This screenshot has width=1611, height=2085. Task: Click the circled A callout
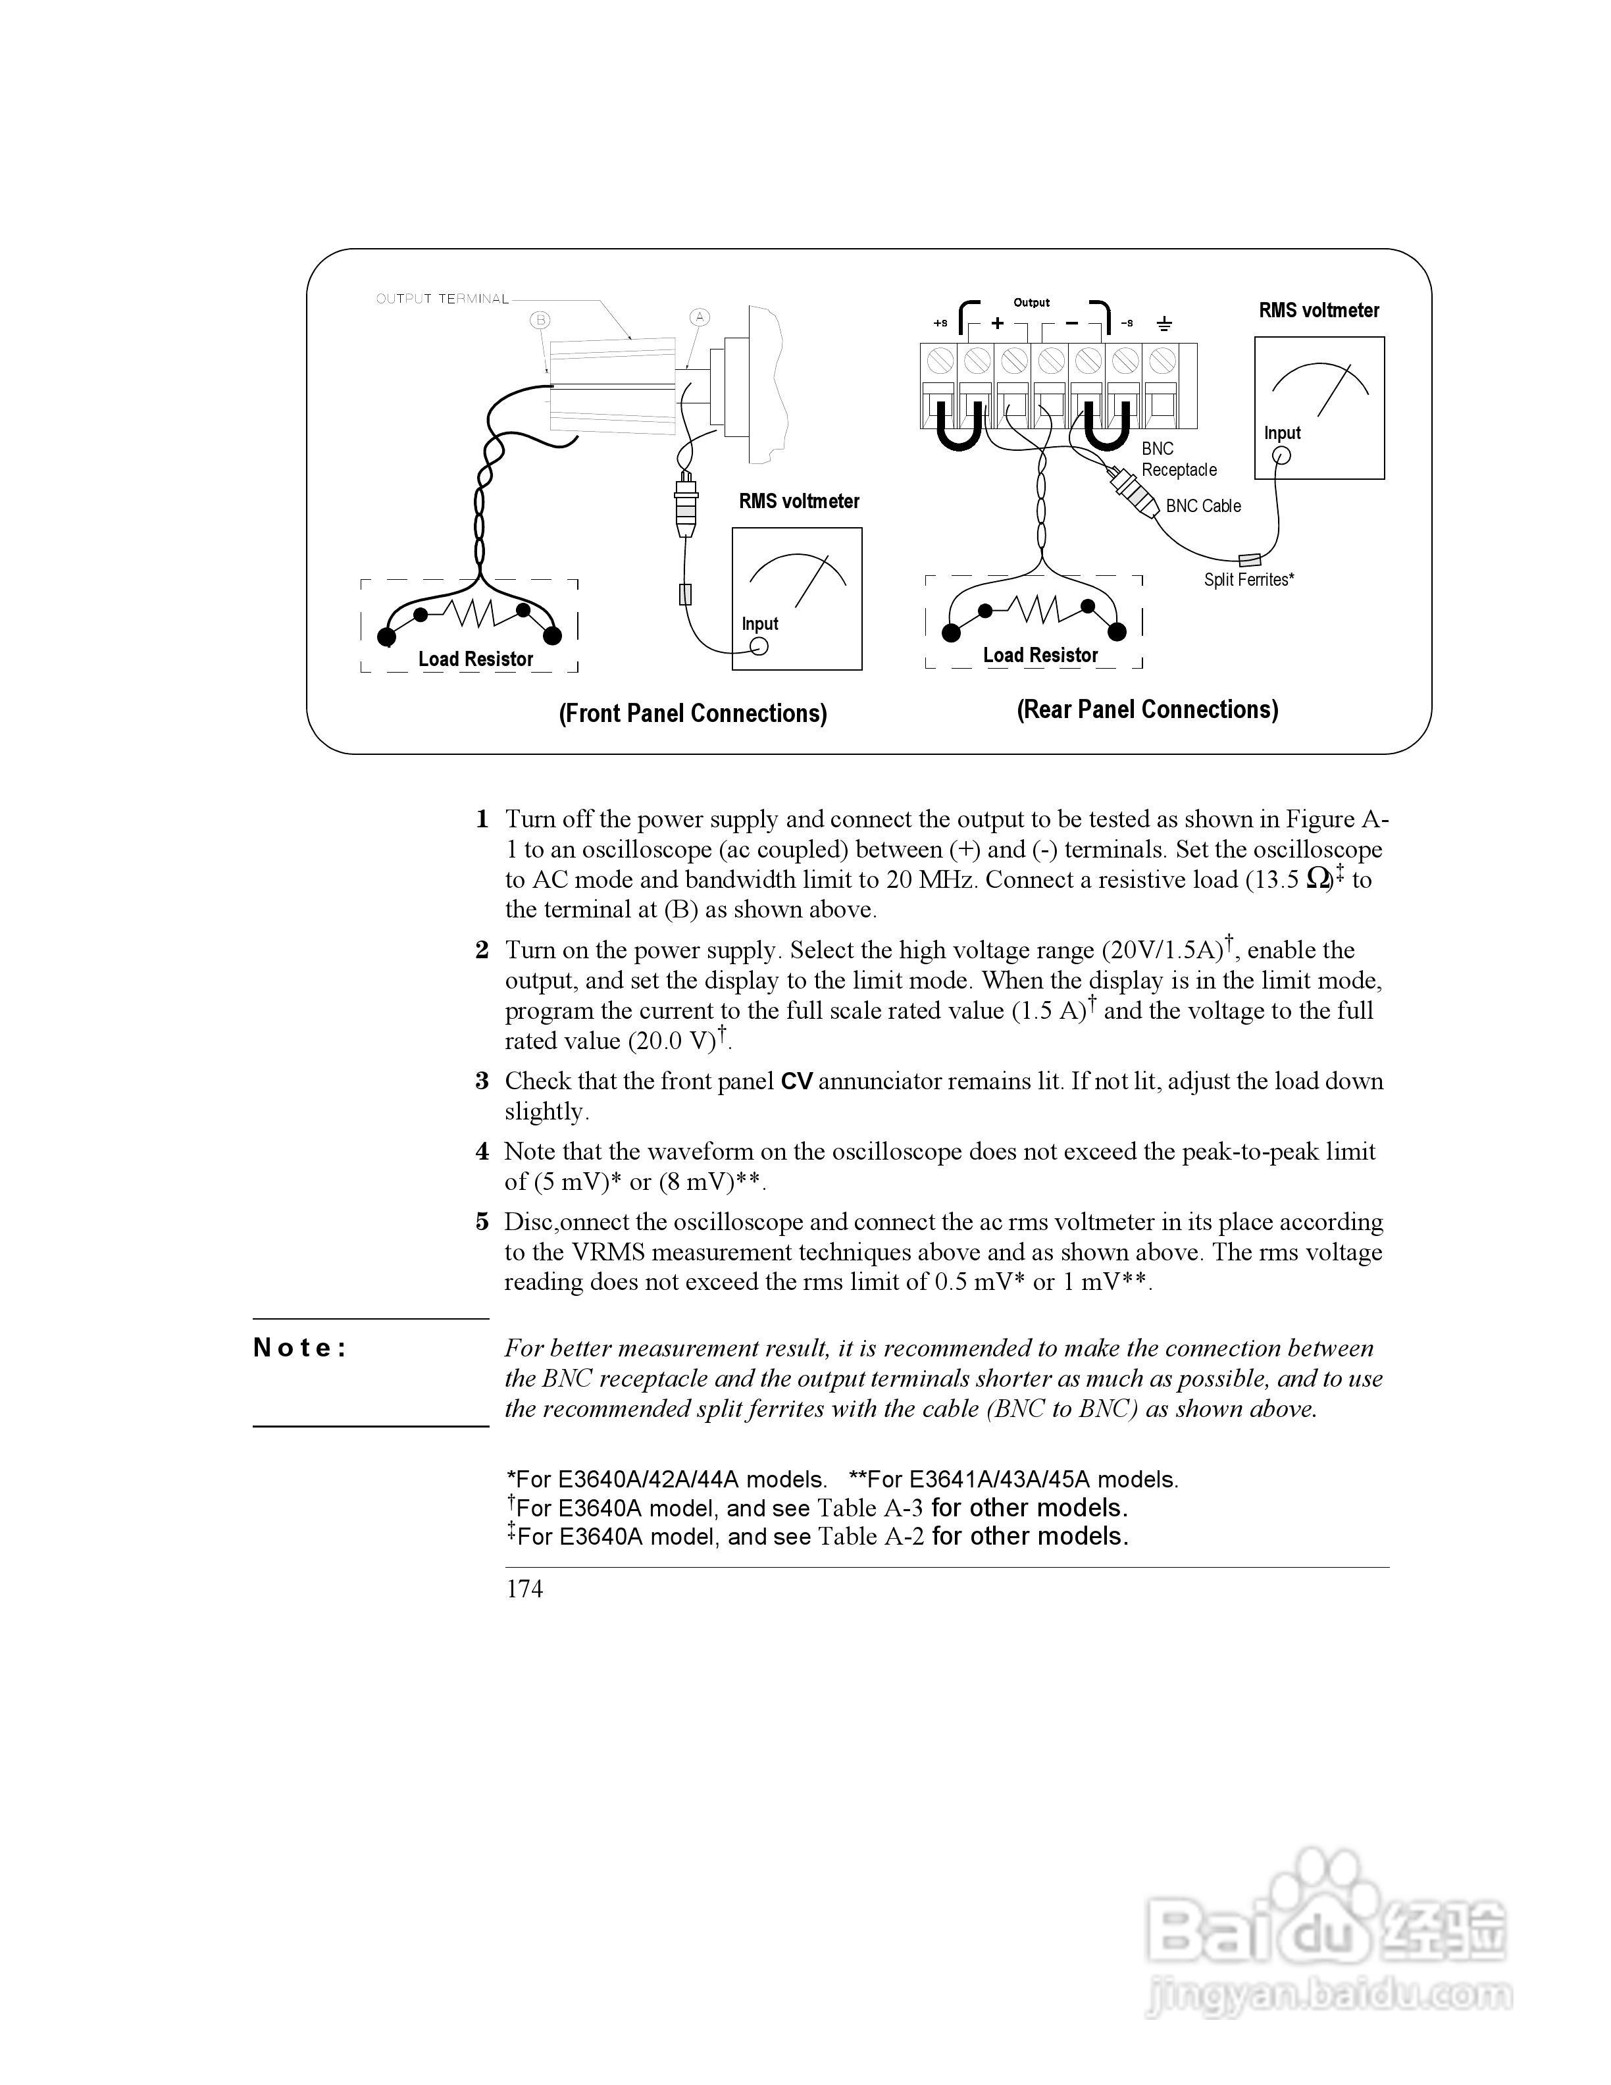[x=700, y=317]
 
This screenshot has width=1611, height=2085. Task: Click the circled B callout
[x=540, y=320]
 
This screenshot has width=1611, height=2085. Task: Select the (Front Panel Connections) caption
[x=693, y=713]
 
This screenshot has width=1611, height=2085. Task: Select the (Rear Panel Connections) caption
[x=1147, y=709]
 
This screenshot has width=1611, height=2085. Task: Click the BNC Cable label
[x=1204, y=506]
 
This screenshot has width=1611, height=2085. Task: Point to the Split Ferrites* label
[x=1248, y=579]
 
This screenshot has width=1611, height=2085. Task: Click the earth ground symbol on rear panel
[x=1163, y=324]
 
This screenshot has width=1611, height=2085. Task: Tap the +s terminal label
[x=940, y=324]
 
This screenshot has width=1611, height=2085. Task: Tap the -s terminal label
[x=1127, y=324]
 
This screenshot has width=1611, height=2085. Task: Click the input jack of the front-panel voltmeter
[x=759, y=646]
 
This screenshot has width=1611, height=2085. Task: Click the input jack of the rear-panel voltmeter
[x=1282, y=455]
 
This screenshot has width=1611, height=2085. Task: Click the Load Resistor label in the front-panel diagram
[x=475, y=659]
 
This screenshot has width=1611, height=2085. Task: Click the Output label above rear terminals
[x=1031, y=303]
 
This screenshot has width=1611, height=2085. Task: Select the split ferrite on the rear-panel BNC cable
[x=1248, y=559]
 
